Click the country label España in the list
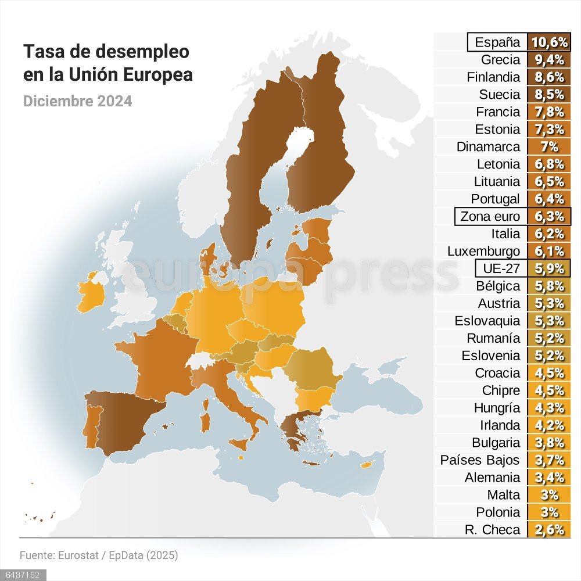[497, 42]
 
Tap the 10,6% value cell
[549, 42]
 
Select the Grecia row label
[500, 60]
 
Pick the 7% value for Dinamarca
[549, 147]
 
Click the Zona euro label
[490, 217]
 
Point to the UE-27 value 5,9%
[549, 268]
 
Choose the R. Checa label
[493, 529]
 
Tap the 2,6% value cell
[549, 529]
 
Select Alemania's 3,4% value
[549, 478]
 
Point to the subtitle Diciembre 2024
[77, 101]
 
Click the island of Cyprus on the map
[366, 465]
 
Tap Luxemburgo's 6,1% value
[549, 252]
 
